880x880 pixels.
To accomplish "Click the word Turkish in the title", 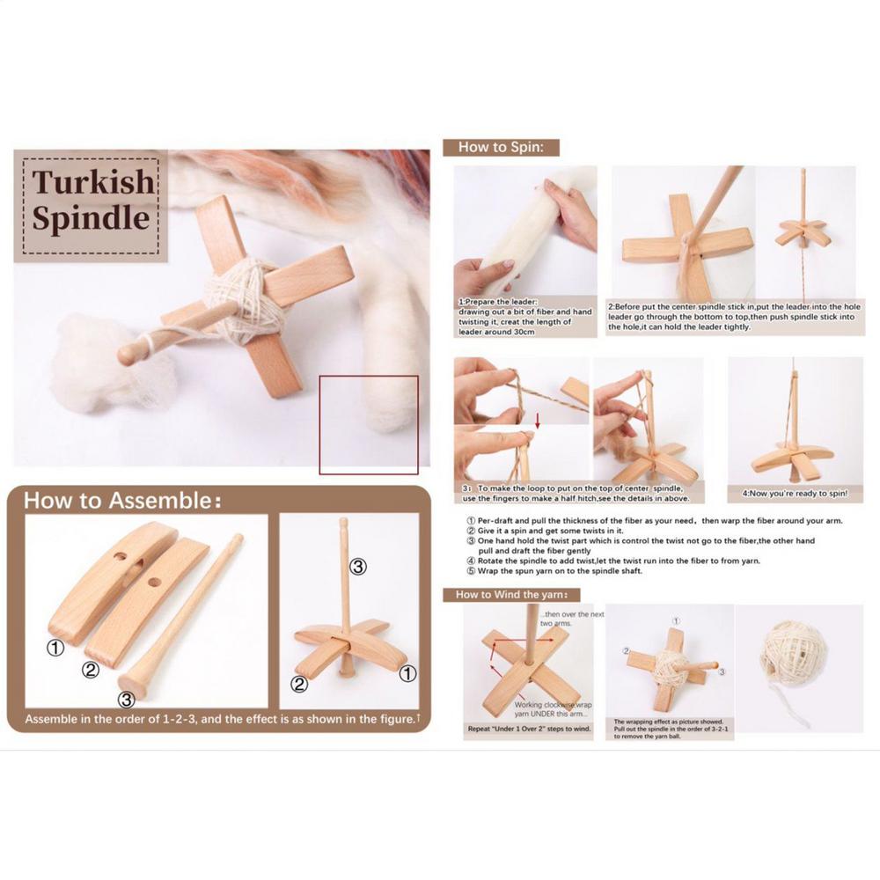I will (x=92, y=182).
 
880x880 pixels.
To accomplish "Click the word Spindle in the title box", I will (x=91, y=217).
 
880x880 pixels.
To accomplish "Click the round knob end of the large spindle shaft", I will (x=131, y=354).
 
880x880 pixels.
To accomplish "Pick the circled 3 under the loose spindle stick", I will (x=127, y=700).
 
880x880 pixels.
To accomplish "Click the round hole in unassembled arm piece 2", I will (x=155, y=582).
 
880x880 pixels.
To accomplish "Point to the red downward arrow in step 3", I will (x=538, y=429).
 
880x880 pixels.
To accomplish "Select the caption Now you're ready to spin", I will (x=795, y=494).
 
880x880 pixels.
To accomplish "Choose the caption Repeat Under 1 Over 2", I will (x=527, y=729).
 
